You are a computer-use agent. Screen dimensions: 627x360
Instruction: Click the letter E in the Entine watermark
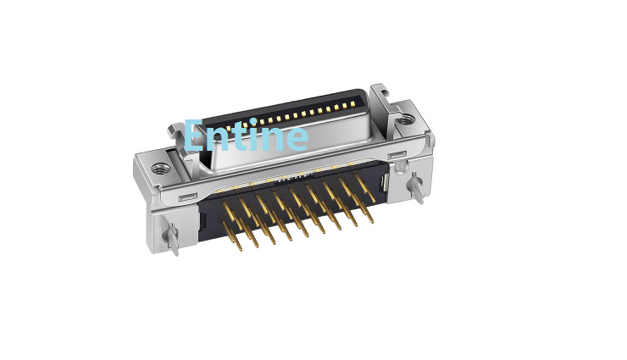coord(194,135)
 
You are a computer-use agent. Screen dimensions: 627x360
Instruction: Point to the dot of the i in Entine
coord(253,121)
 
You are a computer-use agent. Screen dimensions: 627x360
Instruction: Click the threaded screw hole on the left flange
coord(160,168)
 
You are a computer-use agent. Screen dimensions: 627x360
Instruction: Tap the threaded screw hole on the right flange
coord(406,119)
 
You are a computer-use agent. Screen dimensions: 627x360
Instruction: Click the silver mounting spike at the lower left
coord(171,239)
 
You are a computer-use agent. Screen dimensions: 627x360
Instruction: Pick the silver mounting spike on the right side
coord(416,189)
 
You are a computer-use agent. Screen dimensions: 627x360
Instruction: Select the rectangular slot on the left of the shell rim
coord(187,197)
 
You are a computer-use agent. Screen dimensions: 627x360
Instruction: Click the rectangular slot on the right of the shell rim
coord(398,155)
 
